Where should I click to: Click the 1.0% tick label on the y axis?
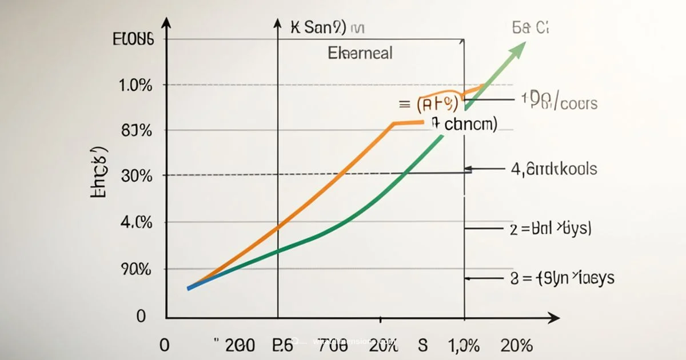click(x=135, y=86)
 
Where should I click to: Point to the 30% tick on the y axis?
click(x=137, y=175)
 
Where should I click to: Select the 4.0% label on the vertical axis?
click(x=136, y=222)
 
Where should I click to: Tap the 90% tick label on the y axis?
click(x=136, y=269)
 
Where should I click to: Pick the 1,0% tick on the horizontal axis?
click(x=464, y=345)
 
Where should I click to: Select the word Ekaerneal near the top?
click(x=360, y=53)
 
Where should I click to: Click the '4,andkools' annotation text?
click(x=553, y=169)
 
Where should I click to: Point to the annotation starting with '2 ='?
click(x=550, y=229)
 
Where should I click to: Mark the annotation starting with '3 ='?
click(x=561, y=278)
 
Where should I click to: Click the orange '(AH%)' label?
click(x=437, y=104)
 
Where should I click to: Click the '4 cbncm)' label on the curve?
click(x=464, y=123)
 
